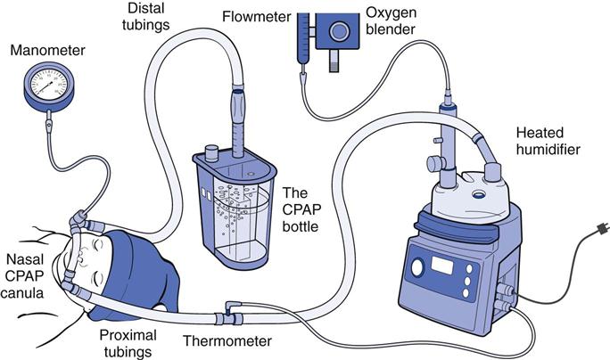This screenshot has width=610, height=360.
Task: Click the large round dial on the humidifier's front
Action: pos(416,268)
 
